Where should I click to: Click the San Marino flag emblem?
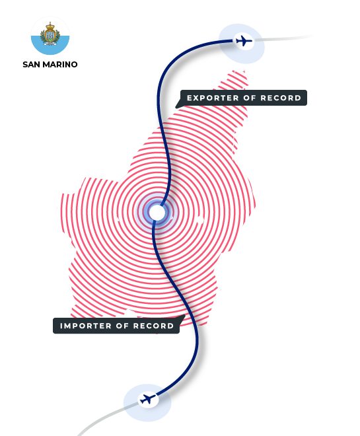tap(50, 35)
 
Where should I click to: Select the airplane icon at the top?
tap(244, 41)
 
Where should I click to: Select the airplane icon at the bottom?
tap(147, 399)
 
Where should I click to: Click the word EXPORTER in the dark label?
tap(213, 98)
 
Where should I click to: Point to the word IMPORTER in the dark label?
tap(86, 326)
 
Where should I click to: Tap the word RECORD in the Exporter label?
tap(281, 98)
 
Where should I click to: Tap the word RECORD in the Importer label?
tap(153, 326)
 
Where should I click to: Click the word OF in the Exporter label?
tap(250, 98)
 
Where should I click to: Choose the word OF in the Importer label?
tap(122, 326)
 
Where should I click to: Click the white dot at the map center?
tap(157, 213)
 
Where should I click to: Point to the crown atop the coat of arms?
tap(50, 26)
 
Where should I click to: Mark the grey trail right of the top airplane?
tap(283, 38)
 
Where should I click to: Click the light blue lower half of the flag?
tap(50, 48)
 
